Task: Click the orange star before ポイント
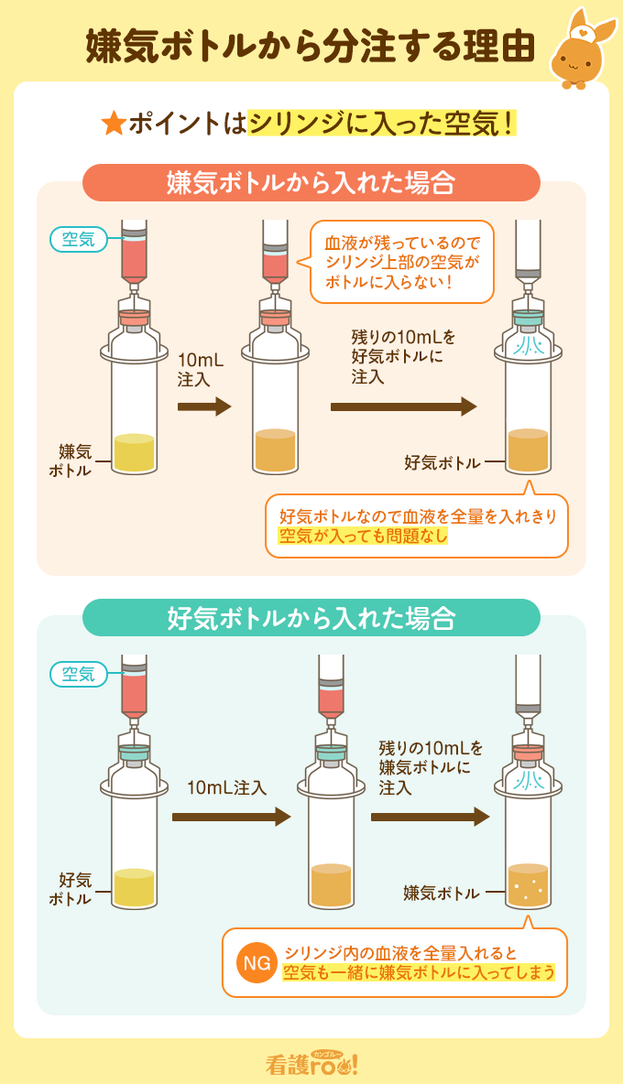[115, 125]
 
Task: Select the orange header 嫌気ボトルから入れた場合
[311, 182]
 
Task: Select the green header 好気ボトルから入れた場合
[311, 617]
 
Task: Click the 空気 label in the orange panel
[78, 240]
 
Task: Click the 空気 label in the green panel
[78, 675]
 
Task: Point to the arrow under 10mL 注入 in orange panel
[203, 406]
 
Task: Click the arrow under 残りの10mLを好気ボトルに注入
[403, 406]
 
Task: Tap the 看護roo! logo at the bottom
[311, 1063]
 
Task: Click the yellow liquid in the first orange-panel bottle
[135, 452]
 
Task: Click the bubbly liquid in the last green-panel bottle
[528, 885]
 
